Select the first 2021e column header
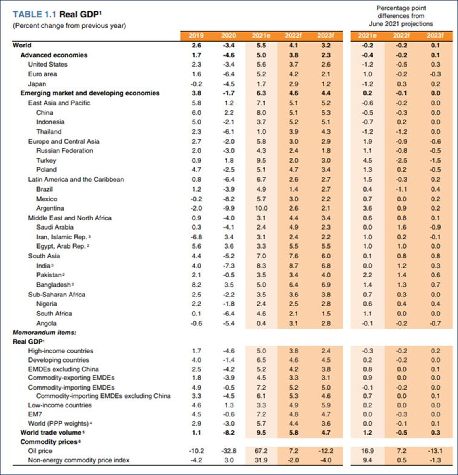click(261, 36)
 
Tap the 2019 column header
click(196, 36)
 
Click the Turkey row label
click(46, 160)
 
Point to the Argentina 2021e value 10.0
click(261, 208)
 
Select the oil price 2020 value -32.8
click(228, 451)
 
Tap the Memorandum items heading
click(44, 332)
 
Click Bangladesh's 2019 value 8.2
click(196, 285)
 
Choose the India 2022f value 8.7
click(293, 266)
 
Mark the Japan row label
click(37, 84)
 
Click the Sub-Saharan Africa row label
click(57, 294)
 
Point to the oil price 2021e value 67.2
click(261, 451)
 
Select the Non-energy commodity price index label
click(78, 460)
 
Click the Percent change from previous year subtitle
click(69, 26)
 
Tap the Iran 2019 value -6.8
click(196, 237)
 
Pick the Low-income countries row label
click(60, 405)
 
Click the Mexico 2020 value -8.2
click(228, 199)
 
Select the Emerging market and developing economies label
click(90, 93)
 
